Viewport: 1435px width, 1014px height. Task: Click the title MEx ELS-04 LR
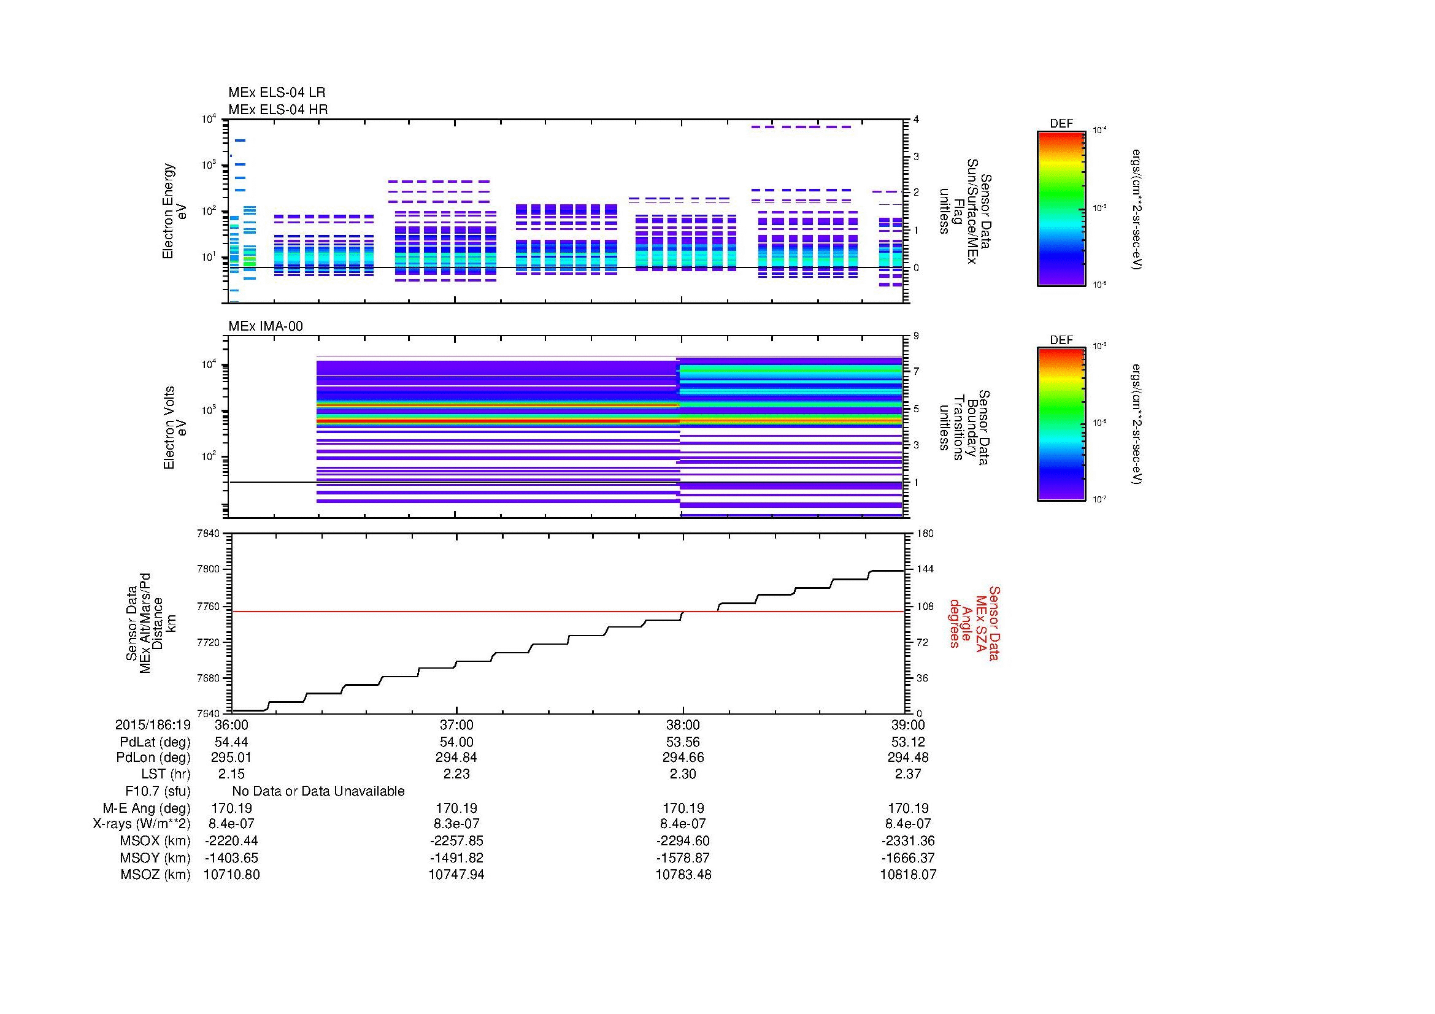click(276, 93)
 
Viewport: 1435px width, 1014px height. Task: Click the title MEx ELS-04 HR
click(277, 109)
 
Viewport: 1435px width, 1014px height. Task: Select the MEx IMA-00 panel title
click(265, 326)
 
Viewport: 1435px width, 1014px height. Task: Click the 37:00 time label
click(456, 724)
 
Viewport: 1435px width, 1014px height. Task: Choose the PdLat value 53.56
click(682, 742)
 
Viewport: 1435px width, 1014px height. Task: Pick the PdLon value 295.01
click(231, 757)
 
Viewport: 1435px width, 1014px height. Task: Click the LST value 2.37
click(907, 774)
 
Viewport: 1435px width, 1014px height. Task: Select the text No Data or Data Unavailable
click(318, 791)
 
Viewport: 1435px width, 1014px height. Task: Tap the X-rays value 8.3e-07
click(456, 823)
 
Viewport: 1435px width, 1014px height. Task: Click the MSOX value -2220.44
click(231, 840)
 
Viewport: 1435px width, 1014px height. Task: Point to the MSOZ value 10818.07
click(907, 874)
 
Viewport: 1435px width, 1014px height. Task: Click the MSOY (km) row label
click(155, 858)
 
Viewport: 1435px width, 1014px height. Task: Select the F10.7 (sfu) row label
click(158, 791)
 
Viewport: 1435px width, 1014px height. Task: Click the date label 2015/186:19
click(153, 724)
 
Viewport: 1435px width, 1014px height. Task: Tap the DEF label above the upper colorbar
click(1061, 124)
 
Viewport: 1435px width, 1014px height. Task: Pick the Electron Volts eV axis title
click(175, 428)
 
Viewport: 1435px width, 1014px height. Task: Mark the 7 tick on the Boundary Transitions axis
click(916, 372)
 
